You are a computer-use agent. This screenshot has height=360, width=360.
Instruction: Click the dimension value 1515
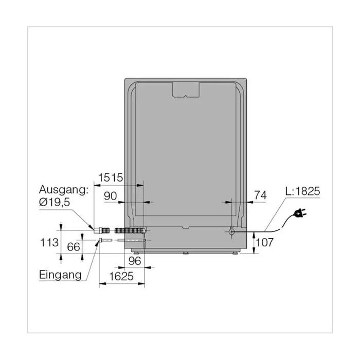click(111, 178)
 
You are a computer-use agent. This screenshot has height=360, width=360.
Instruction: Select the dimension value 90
click(111, 196)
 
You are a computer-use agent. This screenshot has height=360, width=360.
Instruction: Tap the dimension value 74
click(261, 195)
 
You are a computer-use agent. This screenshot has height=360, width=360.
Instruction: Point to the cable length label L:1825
click(302, 191)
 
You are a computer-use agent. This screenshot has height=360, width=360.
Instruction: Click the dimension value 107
click(264, 242)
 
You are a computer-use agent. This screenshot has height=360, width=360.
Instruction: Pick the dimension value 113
click(49, 242)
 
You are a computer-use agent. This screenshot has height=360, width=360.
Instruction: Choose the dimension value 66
click(74, 247)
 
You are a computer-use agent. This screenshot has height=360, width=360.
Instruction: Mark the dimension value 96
click(135, 261)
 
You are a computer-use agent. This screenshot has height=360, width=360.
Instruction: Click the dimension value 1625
click(121, 276)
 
